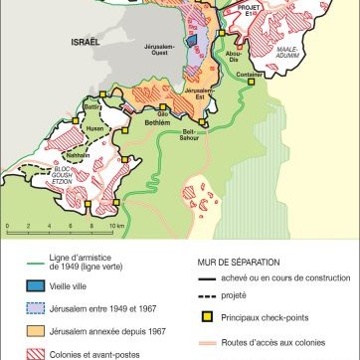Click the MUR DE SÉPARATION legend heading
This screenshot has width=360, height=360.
tap(235, 261)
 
